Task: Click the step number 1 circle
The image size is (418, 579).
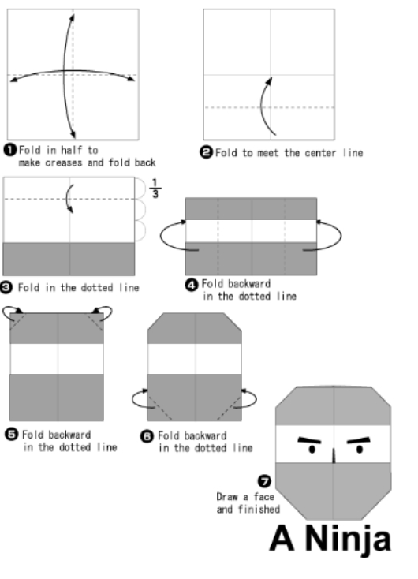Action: pyautogui.click(x=10, y=150)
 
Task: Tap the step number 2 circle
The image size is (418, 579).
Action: pyautogui.click(x=207, y=152)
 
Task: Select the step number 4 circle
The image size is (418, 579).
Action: pyautogui.click(x=192, y=285)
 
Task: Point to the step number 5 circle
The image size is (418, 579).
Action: pyautogui.click(x=12, y=434)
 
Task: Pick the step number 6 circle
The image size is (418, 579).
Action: pyautogui.click(x=147, y=436)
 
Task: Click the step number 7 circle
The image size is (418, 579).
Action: pyautogui.click(x=264, y=481)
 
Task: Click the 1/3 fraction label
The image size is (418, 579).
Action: pyautogui.click(x=155, y=189)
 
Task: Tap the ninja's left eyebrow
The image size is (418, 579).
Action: pyautogui.click(x=309, y=440)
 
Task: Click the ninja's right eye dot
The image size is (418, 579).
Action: pyautogui.click(x=360, y=450)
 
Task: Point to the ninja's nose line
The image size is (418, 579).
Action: pyautogui.click(x=334, y=456)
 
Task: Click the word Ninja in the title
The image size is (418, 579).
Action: pyautogui.click(x=348, y=540)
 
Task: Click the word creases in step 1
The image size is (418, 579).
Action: pyautogui.click(x=63, y=162)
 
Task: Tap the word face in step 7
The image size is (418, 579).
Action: pyautogui.click(x=263, y=497)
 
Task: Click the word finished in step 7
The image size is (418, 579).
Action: pyautogui.click(x=259, y=510)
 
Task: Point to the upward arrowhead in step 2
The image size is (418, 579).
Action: pyautogui.click(x=269, y=81)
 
